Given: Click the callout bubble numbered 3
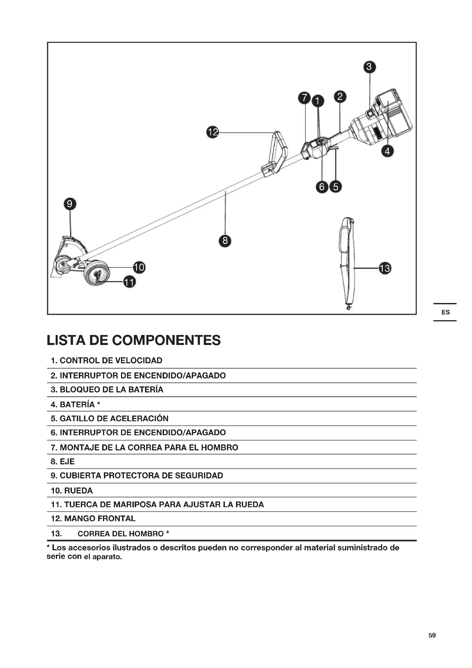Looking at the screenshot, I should [369, 67].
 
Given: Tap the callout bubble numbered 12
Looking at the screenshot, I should [213, 132].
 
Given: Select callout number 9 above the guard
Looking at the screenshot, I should [70, 204].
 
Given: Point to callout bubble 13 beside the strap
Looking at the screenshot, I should [385, 268].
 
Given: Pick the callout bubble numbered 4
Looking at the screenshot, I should [387, 151].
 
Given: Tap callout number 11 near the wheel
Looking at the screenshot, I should [129, 282].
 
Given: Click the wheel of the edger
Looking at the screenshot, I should [97, 273].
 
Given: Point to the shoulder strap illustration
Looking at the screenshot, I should [348, 262].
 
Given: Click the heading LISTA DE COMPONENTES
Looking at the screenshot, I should [134, 340].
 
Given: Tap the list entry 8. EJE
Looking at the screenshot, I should [63, 462].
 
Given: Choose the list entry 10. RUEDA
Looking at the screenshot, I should [72, 491].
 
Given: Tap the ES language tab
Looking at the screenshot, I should [445, 312].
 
